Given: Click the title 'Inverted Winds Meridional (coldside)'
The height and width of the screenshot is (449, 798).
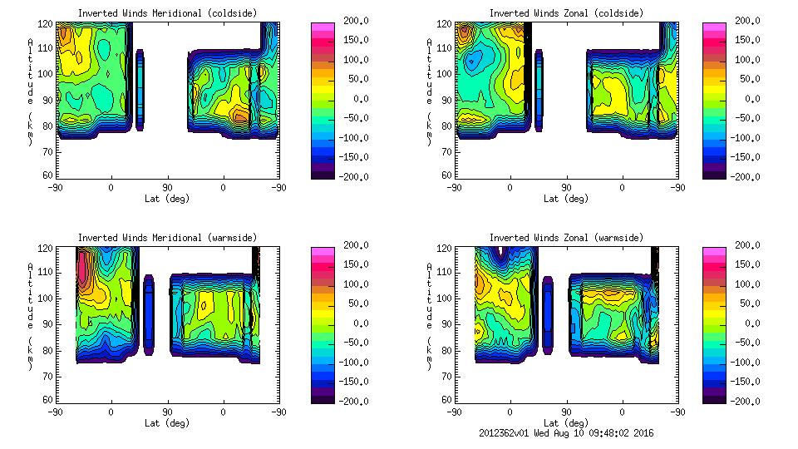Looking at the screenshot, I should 167,13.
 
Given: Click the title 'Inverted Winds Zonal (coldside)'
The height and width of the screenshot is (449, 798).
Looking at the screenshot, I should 566,13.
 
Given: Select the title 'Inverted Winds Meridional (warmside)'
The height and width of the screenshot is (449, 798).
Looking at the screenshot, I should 167,238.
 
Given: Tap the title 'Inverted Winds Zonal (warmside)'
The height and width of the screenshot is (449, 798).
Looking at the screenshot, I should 566,238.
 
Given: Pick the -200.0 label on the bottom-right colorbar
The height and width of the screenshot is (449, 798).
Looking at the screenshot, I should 746,401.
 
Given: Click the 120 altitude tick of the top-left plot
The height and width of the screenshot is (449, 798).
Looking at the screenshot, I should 49,24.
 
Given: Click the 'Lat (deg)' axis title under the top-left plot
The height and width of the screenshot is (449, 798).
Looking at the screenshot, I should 167,199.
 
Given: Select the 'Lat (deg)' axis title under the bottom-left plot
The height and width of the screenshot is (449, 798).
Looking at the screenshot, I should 167,423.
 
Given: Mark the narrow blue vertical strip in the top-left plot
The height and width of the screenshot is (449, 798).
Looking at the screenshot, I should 140,90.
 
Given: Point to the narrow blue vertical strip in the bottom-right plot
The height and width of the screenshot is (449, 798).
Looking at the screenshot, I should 549,314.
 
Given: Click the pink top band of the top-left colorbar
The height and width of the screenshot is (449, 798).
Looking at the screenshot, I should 323,28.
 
